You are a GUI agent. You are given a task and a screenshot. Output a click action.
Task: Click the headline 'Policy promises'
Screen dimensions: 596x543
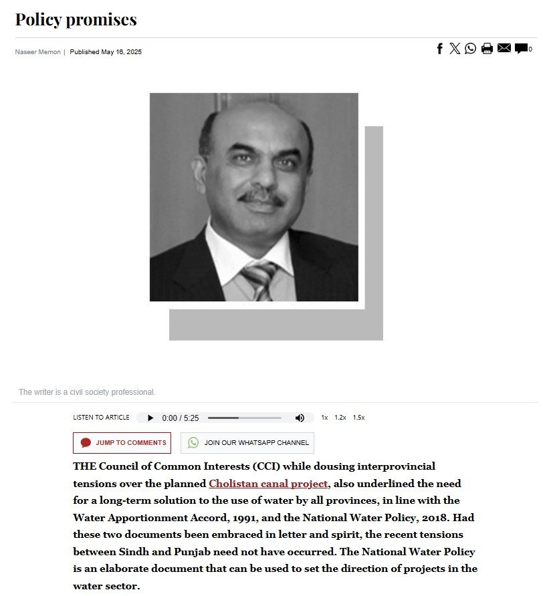click(76, 19)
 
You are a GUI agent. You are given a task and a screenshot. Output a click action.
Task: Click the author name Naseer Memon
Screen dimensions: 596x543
click(38, 52)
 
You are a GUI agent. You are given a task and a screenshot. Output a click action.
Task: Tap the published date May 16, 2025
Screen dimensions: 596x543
click(106, 52)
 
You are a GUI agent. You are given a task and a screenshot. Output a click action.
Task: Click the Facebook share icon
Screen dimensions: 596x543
click(440, 48)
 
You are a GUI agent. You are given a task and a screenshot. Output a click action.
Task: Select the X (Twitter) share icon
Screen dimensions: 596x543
click(455, 48)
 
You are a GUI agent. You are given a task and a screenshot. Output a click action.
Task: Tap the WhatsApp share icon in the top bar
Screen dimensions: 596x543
click(471, 48)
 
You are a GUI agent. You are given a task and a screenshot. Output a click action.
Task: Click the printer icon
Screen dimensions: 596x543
click(487, 48)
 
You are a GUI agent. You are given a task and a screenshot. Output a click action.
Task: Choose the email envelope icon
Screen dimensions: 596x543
click(504, 48)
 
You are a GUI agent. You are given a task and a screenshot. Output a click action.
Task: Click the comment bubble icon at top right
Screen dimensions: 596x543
click(522, 48)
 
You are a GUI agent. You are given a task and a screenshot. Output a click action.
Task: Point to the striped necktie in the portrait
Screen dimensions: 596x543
click(259, 279)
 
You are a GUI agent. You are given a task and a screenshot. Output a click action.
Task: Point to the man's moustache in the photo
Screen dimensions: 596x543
click(262, 197)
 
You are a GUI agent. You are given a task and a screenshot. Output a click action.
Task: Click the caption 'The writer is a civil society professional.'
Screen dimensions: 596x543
click(87, 392)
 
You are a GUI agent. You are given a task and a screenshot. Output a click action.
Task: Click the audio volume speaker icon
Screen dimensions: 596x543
click(300, 418)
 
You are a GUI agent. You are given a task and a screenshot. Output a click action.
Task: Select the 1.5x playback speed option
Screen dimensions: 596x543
click(359, 418)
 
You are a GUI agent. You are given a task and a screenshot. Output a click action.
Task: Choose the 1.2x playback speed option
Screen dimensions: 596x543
click(340, 418)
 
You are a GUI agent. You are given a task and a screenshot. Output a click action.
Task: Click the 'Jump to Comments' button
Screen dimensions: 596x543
click(122, 443)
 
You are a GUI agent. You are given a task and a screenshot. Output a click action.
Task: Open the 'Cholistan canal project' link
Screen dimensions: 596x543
click(268, 483)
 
